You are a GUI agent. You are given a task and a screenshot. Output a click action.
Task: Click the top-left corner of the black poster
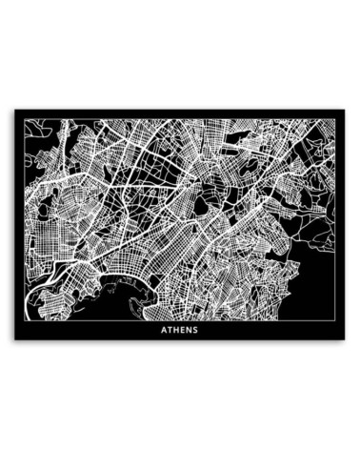[x=12, y=109]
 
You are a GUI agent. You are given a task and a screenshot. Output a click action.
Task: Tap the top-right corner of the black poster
[x=347, y=109]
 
